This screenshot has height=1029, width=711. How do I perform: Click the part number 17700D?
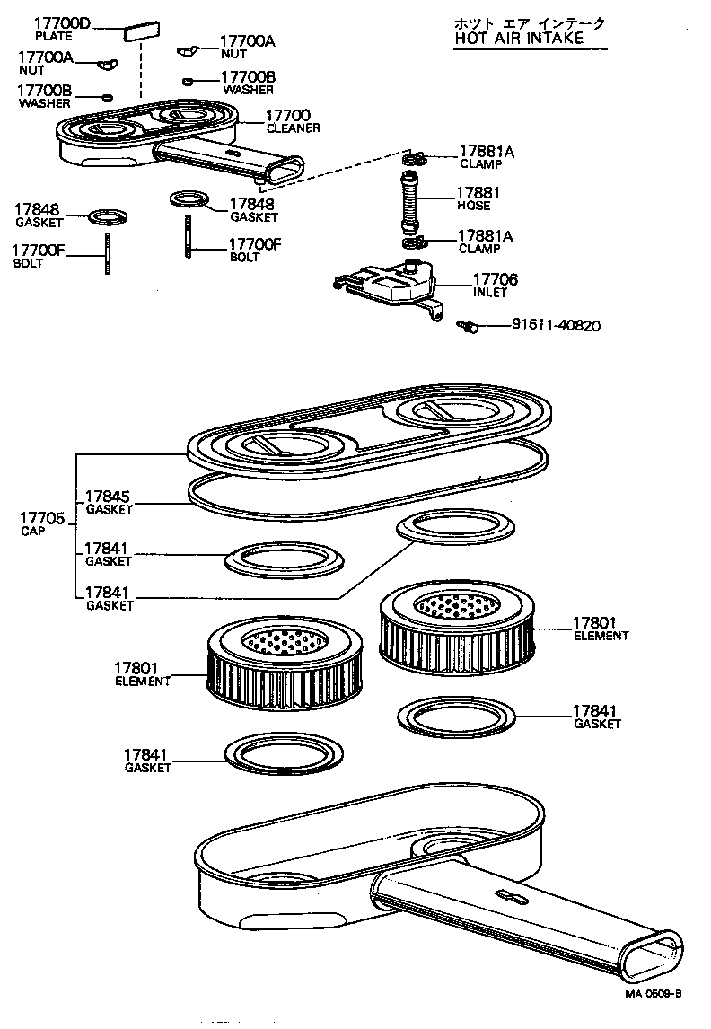(62, 22)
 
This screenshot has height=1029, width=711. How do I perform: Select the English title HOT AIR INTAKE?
(518, 38)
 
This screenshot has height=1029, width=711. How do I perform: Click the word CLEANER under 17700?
(293, 128)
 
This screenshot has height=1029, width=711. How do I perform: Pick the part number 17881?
(478, 193)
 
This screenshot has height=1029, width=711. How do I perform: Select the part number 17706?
(496, 279)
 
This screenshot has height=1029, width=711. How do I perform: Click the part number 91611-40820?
(556, 325)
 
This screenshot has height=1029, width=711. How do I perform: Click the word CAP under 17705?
(31, 531)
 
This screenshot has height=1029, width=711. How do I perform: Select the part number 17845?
(107, 497)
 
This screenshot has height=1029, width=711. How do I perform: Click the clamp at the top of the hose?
(414, 160)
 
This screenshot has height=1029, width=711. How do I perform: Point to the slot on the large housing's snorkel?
(509, 894)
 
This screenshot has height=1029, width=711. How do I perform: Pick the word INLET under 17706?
(490, 293)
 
